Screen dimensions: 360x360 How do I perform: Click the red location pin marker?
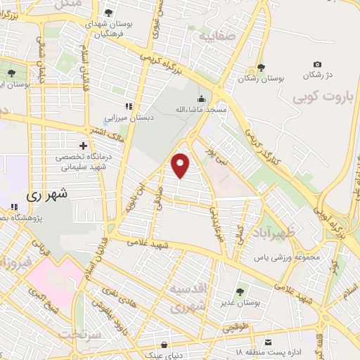point(181,165)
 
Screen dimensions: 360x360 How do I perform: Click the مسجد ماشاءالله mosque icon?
point(202,98)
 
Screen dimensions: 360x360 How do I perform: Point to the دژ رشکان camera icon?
point(317,65)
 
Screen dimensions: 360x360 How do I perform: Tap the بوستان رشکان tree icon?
point(262,67)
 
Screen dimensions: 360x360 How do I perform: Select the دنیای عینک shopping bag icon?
point(165,345)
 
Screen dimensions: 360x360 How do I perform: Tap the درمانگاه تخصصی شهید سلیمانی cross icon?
point(83,145)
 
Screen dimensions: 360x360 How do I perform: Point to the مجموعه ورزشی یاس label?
point(287,257)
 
